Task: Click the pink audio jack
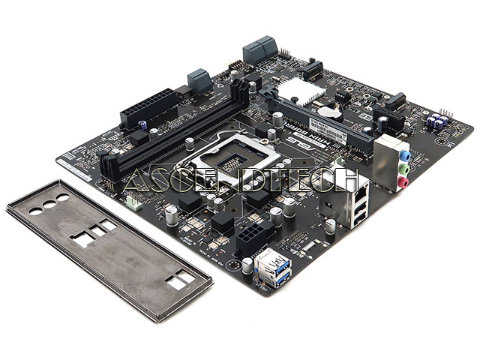tap(403, 181)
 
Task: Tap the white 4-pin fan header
tap(133, 200)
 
